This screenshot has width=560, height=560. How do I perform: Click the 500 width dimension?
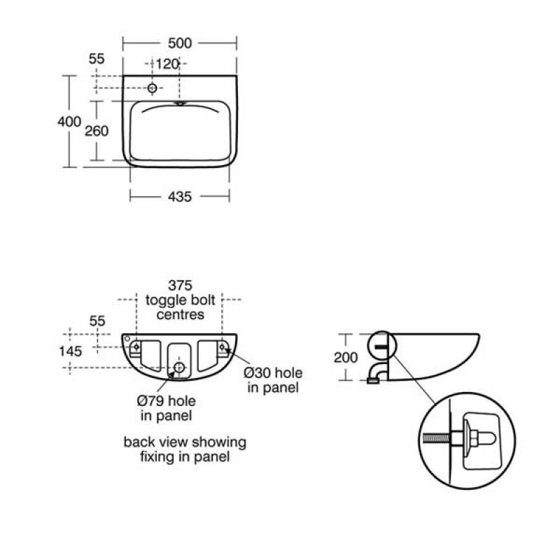click(x=180, y=43)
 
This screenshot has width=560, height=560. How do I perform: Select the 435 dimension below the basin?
click(x=180, y=197)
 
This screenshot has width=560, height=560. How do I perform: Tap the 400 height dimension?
click(x=69, y=121)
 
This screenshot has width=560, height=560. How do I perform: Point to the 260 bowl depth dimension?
click(x=97, y=131)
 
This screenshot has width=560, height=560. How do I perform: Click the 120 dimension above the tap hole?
click(x=167, y=64)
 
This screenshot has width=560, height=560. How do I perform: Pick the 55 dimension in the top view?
click(x=97, y=59)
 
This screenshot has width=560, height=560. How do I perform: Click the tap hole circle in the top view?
click(x=152, y=88)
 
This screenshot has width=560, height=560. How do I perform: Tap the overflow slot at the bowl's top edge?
click(x=181, y=104)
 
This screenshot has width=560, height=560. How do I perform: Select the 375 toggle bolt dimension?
click(x=181, y=286)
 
